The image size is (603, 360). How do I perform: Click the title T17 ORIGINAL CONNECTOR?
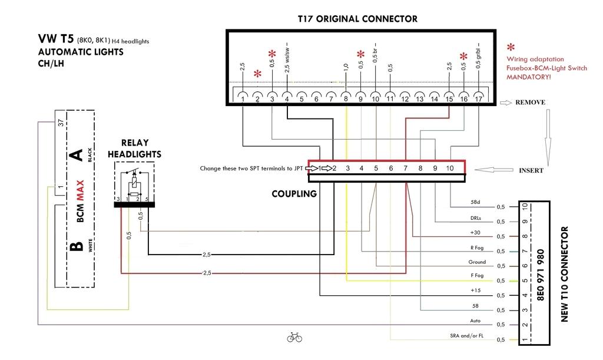point(357,19)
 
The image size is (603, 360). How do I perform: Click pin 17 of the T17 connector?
point(478,99)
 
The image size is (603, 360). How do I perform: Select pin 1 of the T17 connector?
point(243,99)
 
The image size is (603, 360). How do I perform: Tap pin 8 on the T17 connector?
point(346,99)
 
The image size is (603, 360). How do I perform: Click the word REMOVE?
point(530,103)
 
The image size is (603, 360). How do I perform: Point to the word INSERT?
point(531,171)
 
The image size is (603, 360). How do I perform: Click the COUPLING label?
point(294,194)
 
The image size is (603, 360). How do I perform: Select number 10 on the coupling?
point(450,169)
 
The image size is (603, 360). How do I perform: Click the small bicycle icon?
point(294,338)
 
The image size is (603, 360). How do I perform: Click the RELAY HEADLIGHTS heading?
point(134,148)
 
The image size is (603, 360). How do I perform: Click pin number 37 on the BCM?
point(59,123)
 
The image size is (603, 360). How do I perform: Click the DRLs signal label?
point(476,217)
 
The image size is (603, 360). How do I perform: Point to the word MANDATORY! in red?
point(529,77)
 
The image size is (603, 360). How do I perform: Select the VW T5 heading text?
point(56,39)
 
